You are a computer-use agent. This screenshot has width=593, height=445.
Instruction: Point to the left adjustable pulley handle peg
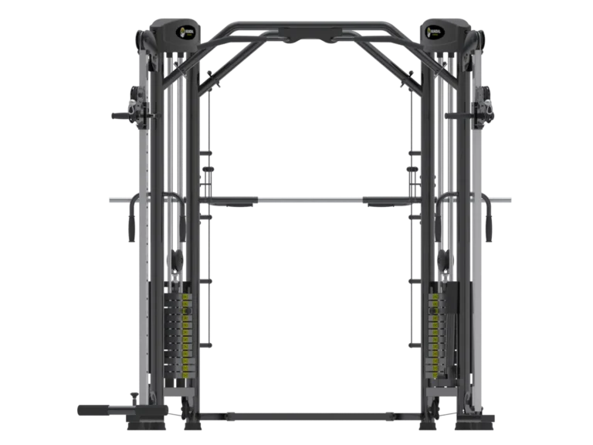click(x=122, y=116)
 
